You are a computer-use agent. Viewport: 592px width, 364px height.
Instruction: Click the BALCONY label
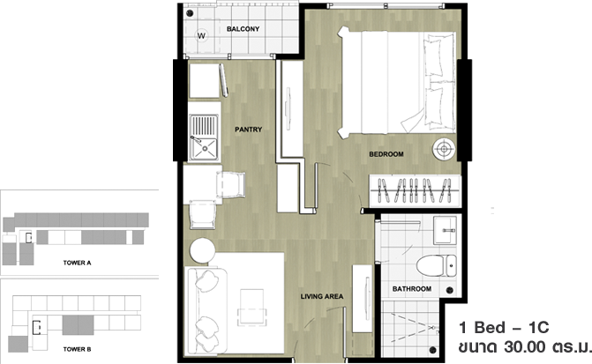243,29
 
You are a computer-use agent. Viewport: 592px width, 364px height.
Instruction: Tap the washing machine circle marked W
202,35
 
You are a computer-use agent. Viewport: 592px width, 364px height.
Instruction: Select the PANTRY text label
249,130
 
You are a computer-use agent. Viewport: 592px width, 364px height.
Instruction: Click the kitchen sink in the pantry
204,137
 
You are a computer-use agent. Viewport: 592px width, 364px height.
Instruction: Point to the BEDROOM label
386,154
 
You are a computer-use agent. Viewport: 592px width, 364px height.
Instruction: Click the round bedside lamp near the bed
444,149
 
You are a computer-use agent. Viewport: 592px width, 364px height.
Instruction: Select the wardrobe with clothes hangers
415,191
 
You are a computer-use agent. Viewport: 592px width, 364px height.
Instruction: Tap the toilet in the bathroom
437,265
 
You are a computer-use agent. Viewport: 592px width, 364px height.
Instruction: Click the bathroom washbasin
446,230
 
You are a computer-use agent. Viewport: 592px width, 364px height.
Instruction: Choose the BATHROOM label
411,289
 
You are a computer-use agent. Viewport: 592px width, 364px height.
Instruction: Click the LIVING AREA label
322,296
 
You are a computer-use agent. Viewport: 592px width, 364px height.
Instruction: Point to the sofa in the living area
206,311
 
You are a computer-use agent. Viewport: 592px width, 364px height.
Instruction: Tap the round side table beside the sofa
203,250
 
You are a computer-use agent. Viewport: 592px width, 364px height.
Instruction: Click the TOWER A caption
77,263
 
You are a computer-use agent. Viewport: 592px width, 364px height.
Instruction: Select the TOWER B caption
77,349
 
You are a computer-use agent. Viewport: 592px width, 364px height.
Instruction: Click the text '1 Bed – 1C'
504,328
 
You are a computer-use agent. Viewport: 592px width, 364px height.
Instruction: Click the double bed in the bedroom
397,82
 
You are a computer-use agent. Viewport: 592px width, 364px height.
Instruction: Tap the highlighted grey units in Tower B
78,324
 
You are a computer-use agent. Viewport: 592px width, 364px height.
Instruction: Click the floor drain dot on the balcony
190,13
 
